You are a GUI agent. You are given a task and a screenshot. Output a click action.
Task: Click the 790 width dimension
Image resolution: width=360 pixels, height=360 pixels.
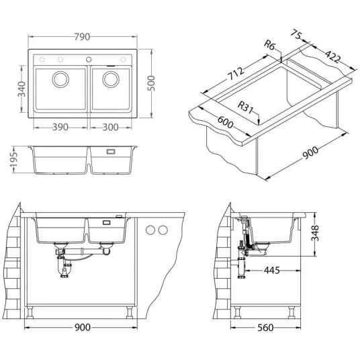click(x=82, y=37)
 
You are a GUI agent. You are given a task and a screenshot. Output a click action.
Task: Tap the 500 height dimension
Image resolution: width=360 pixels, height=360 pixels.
click(x=151, y=83)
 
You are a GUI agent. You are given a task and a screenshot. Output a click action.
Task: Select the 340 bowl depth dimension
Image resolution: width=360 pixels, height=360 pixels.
click(x=21, y=89)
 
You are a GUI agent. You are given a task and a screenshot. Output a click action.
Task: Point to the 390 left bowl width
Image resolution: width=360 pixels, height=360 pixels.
click(x=60, y=127)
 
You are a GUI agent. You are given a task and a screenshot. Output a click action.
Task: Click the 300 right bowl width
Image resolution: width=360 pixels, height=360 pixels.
click(x=110, y=127)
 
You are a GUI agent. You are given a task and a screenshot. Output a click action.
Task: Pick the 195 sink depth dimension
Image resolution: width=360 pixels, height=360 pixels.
click(x=14, y=160)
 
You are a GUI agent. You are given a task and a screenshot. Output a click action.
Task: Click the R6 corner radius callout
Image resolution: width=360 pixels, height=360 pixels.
click(x=269, y=44)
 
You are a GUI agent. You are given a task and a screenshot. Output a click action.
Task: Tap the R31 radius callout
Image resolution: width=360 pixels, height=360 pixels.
click(x=245, y=107)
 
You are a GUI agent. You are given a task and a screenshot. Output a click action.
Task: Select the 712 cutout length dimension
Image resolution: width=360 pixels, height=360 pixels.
click(x=236, y=74)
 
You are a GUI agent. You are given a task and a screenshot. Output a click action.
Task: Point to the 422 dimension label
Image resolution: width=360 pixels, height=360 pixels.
click(x=332, y=56)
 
